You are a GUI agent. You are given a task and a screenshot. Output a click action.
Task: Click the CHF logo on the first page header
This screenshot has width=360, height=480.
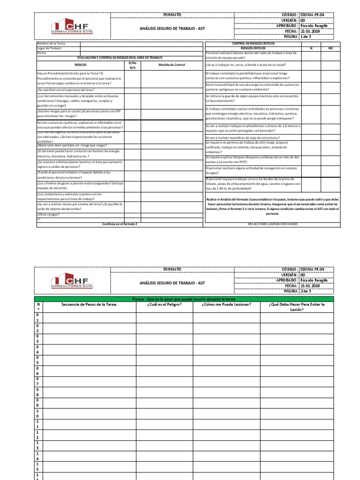(73, 26)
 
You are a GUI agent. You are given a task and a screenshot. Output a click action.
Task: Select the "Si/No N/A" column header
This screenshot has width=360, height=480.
(132, 65)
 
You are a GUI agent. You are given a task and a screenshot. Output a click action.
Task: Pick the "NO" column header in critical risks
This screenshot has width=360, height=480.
(330, 48)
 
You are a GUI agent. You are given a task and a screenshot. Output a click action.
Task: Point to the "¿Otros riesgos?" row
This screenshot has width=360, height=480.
(51, 215)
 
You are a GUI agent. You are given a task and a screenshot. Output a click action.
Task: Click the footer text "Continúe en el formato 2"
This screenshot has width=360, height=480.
(120, 224)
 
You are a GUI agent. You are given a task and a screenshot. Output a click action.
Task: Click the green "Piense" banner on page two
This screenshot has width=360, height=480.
(184, 299)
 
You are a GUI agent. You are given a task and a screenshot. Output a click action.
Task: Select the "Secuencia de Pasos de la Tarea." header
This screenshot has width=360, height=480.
(89, 304)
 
